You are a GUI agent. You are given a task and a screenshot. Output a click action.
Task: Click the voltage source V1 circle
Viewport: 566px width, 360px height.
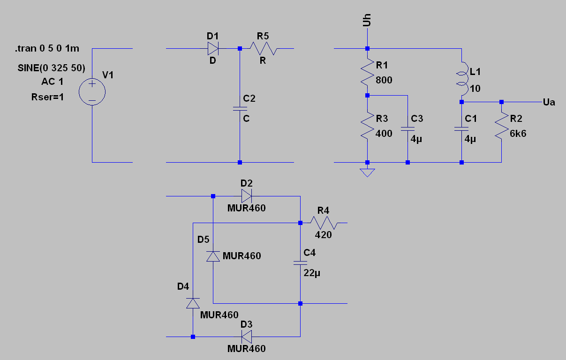pyautogui.click(x=92, y=91)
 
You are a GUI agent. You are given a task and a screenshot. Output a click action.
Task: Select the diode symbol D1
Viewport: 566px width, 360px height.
pyautogui.click(x=213, y=48)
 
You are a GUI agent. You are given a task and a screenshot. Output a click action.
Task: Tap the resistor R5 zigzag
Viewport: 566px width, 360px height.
pyautogui.click(x=264, y=48)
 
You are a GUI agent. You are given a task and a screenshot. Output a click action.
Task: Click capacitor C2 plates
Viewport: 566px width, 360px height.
pyautogui.click(x=240, y=109)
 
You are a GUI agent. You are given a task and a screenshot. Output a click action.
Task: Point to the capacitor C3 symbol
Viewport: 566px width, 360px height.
pyautogui.click(x=408, y=128)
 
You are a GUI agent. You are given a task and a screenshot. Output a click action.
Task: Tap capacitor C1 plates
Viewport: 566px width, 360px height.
pyautogui.click(x=461, y=128)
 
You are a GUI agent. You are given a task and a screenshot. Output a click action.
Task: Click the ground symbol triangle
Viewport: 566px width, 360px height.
pyautogui.click(x=367, y=172)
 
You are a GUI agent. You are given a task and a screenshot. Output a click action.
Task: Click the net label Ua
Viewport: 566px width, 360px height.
pyautogui.click(x=549, y=102)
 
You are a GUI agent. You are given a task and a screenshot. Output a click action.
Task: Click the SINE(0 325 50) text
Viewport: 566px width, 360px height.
pyautogui.click(x=51, y=68)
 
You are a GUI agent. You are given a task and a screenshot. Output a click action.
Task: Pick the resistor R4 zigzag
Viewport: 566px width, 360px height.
pyautogui.click(x=324, y=223)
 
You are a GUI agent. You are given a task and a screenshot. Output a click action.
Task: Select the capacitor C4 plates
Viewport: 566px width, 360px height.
pyautogui.click(x=300, y=263)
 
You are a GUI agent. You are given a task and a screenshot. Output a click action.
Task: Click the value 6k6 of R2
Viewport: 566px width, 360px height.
pyautogui.click(x=518, y=133)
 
